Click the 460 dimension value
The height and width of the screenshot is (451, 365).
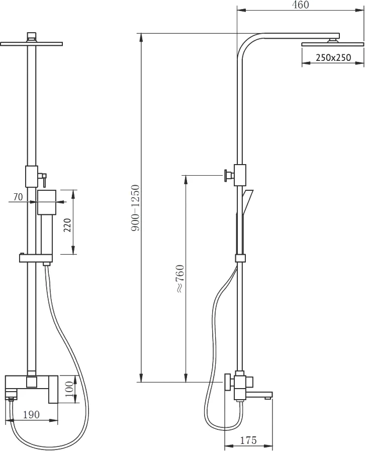tap(301, 5)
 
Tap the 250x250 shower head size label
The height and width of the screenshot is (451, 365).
tap(333, 57)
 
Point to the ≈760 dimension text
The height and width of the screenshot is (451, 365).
tap(180, 279)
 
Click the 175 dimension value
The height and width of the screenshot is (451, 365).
tap(248, 440)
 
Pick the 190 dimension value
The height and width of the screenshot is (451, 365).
tap(31, 414)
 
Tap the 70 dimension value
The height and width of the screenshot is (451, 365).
tap(18, 197)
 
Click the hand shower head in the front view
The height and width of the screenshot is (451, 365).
tap(47, 202)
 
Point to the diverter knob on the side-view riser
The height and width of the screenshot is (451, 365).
tap(228, 175)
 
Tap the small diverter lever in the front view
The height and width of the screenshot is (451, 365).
tap(43, 178)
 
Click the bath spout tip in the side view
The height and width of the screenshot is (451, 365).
tap(267, 398)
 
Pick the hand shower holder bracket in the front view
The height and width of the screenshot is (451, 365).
tap(36, 258)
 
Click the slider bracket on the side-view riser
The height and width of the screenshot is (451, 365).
tap(240, 258)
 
